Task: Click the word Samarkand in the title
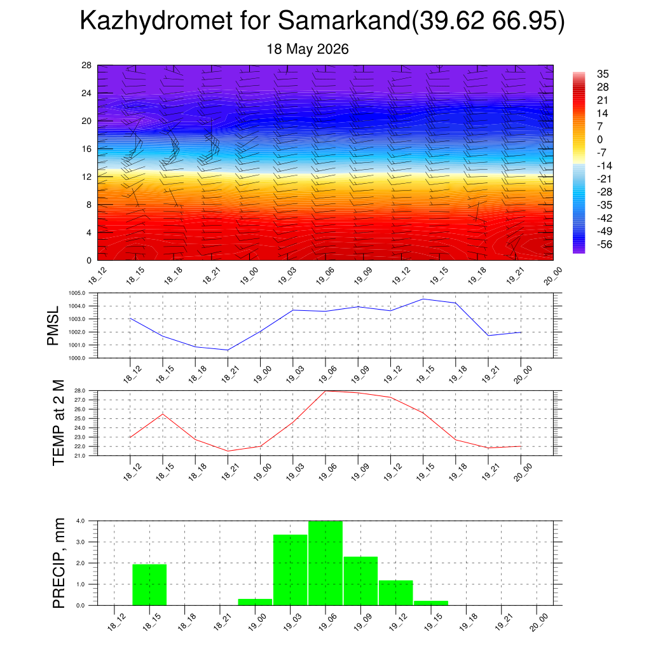tap(344, 20)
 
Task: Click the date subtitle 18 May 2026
tap(307, 49)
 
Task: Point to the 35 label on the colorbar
tap(603, 74)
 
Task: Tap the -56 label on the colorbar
tap(605, 244)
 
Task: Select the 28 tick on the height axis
tap(86, 65)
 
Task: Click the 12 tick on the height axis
tap(86, 177)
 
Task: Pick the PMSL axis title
tap(53, 326)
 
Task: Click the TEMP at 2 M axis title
tap(58, 423)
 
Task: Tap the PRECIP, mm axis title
tap(58, 563)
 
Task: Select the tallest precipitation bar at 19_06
tap(325, 563)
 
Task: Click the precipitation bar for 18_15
tap(149, 585)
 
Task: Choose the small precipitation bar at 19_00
tap(255, 602)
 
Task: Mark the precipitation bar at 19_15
tap(431, 603)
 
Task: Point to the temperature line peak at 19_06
tap(325, 391)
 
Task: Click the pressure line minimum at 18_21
tap(228, 350)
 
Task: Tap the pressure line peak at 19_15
tap(423, 299)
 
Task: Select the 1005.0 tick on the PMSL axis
tap(77, 293)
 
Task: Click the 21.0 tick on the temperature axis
tap(79, 456)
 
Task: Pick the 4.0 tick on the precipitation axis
tap(81, 521)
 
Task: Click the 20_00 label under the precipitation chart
tap(539, 623)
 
